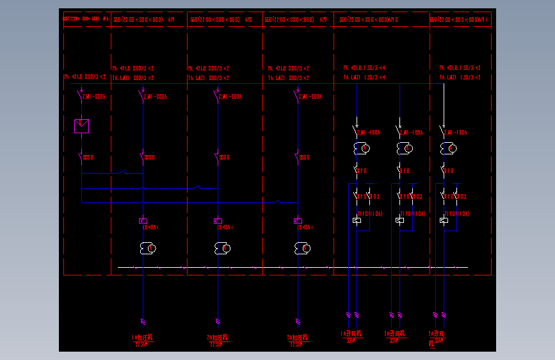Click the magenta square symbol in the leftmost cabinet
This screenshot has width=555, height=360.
point(82,126)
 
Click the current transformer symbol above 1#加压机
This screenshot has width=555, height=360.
point(148,248)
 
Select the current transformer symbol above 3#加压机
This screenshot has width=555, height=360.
point(303,248)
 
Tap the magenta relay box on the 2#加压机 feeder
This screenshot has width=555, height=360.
point(218,221)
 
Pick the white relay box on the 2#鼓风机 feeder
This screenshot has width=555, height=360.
point(399,220)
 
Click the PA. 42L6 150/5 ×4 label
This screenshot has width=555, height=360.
point(364,68)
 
